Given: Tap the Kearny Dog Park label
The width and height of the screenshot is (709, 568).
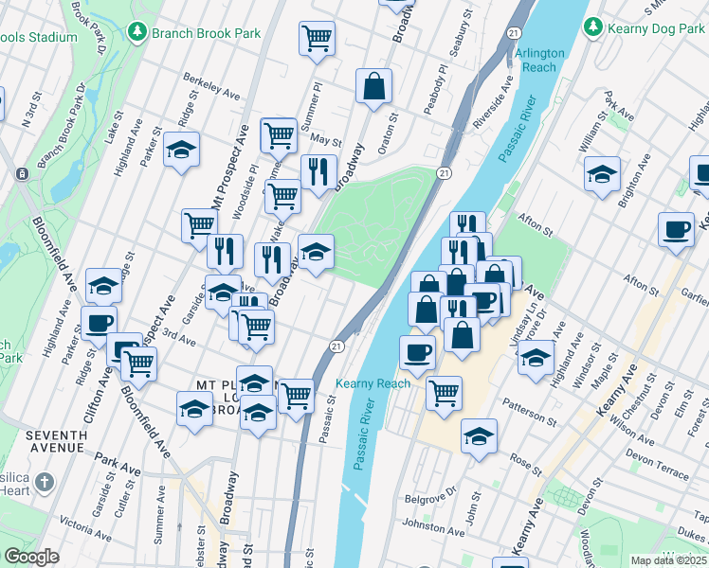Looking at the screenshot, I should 655,29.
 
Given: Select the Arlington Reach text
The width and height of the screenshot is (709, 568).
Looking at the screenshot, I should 539,61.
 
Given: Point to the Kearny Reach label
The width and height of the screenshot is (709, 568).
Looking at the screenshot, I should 373,383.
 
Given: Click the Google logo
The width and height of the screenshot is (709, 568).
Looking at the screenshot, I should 31,557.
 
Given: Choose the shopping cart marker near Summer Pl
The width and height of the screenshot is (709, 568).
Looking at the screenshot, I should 317,38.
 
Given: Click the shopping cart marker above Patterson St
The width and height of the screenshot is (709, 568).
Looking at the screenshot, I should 444,392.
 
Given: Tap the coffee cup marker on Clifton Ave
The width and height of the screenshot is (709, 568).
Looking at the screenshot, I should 99,322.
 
